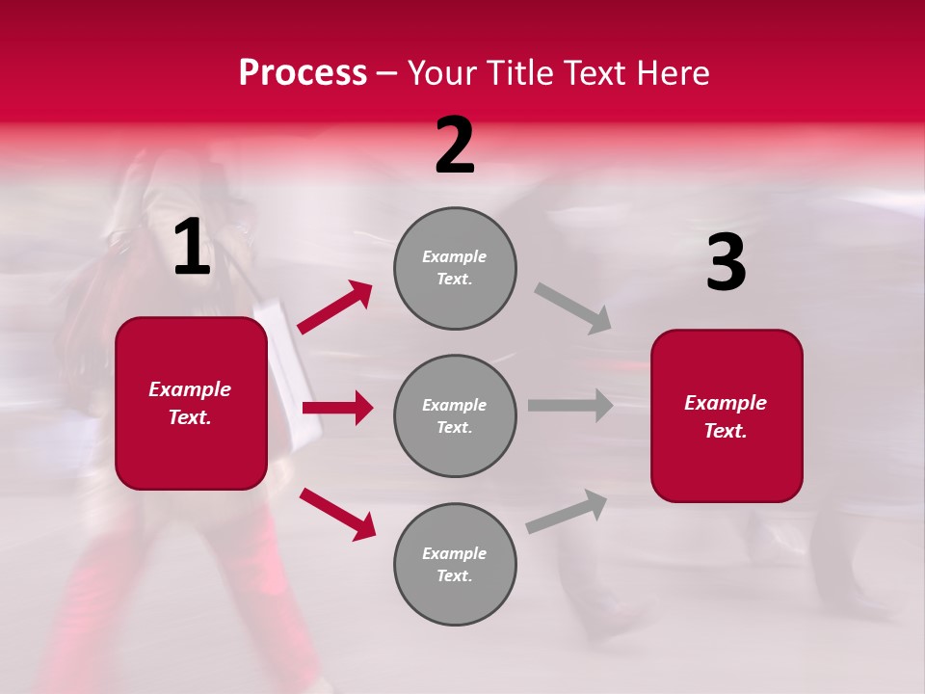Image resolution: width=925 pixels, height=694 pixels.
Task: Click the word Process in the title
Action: tap(303, 73)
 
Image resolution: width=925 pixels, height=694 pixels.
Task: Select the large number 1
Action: tap(192, 248)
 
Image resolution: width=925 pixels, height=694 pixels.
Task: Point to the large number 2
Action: tap(455, 146)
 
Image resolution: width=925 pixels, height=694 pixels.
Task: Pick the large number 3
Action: tap(726, 263)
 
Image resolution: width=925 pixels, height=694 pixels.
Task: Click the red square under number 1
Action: tap(191, 403)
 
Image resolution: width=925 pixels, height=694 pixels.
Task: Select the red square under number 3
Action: tap(727, 416)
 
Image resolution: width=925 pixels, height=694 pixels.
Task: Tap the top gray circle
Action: tap(455, 268)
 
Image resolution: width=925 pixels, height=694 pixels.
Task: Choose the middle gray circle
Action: tap(455, 415)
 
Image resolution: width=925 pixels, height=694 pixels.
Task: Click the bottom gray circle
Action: tap(455, 564)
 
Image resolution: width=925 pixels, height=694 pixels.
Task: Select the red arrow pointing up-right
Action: tap(335, 307)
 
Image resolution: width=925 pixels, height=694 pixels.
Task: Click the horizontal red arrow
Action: tap(337, 408)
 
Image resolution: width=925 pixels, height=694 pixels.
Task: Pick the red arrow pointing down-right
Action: tap(337, 513)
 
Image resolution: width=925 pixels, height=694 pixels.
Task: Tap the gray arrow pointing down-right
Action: tap(573, 307)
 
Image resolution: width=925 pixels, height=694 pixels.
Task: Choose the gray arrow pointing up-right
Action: tap(568, 511)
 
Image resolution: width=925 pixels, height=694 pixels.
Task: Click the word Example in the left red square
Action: tap(190, 389)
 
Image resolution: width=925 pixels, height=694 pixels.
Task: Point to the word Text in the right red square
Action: tap(725, 431)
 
